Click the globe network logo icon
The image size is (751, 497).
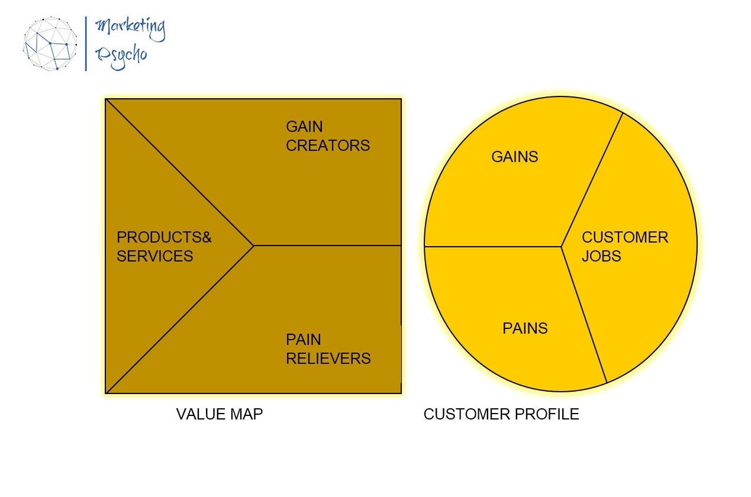pos(50,43)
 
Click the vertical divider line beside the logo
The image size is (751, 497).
pos(86,43)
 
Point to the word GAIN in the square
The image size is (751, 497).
pos(304,127)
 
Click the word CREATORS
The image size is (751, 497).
pos(328,146)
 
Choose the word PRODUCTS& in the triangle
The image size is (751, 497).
pos(164,237)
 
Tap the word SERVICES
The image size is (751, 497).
pos(155,256)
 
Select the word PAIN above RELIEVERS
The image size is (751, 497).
pos(303,340)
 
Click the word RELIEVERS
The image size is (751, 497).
pos(328,359)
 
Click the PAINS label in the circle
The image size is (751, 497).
pos(525,328)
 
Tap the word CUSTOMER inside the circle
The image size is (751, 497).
pos(625,237)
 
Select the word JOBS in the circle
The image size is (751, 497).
pos(601,256)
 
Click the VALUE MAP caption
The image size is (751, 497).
pos(219,414)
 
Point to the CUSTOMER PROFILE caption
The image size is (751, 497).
pos(501,414)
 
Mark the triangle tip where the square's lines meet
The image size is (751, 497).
pos(253,245)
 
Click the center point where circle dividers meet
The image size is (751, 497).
pos(561,246)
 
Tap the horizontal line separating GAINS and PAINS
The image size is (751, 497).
pos(491,246)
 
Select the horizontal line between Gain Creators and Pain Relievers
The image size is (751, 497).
pos(328,245)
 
